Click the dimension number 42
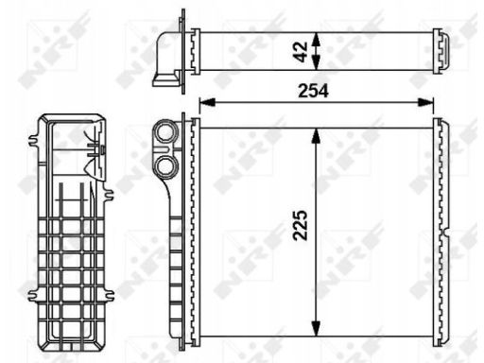pos(302,52)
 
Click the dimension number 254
pos(313,91)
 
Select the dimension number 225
pos(300,225)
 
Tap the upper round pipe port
pos(165,133)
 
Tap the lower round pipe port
pos(165,165)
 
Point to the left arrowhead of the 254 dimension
pos(207,102)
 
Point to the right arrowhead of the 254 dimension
pos(425,102)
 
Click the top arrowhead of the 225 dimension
pos(316,136)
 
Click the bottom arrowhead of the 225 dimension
pos(316,329)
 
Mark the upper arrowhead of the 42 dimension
pos(317,40)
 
